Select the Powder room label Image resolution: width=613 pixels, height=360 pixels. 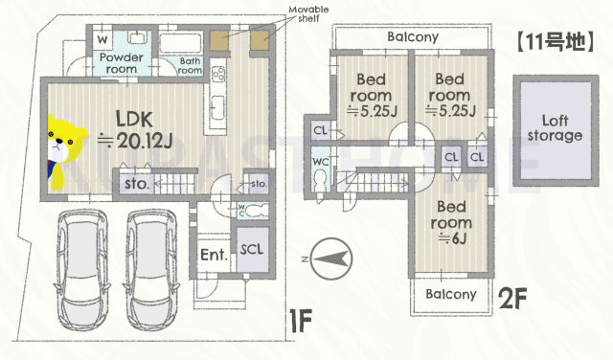pyautogui.click(x=122, y=63)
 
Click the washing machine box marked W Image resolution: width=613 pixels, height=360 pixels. pyautogui.click(x=102, y=40)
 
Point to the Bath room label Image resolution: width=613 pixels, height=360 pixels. pyautogui.click(x=190, y=66)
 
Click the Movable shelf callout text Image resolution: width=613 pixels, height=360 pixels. pyautogui.click(x=308, y=13)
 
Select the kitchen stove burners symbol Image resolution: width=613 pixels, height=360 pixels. pyautogui.click(x=218, y=74)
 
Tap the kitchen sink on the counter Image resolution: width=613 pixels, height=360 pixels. pyautogui.click(x=217, y=107)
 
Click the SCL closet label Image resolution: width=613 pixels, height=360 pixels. pyautogui.click(x=252, y=249)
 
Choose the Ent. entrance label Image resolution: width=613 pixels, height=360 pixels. pyautogui.click(x=214, y=255)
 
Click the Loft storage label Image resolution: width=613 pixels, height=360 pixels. pyautogui.click(x=555, y=128)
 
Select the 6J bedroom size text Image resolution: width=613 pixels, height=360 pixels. pyautogui.click(x=452, y=237)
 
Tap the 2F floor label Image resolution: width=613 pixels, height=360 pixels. pyautogui.click(x=513, y=299)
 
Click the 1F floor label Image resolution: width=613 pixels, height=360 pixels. pyautogui.click(x=300, y=321)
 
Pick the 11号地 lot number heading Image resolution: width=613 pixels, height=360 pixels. pyautogui.click(x=556, y=42)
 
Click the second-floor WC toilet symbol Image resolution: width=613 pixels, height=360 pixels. pyautogui.click(x=320, y=180)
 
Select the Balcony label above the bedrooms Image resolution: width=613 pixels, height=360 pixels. pyautogui.click(x=413, y=36)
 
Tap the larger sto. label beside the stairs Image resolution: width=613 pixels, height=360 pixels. pyautogui.click(x=137, y=183)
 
